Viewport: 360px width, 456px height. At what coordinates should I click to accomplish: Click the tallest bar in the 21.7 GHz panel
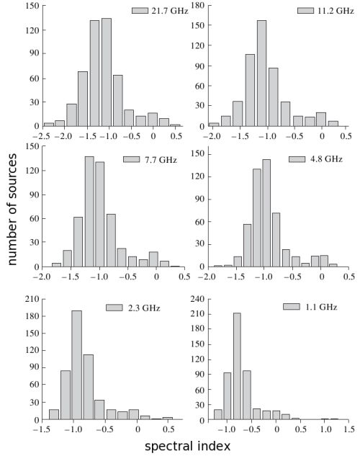point(107,72)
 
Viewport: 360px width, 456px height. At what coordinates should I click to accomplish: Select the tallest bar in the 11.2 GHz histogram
point(261,73)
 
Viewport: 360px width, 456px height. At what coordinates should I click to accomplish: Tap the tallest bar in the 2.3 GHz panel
point(77,365)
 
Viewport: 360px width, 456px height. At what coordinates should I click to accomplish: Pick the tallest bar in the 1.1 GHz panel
point(237,367)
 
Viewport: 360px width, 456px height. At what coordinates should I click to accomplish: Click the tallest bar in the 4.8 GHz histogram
point(266,213)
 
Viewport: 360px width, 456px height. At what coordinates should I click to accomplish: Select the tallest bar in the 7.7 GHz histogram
point(89,212)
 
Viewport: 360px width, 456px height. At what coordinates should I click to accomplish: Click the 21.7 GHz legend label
point(170,11)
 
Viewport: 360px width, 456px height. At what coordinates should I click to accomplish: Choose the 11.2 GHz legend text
point(336,11)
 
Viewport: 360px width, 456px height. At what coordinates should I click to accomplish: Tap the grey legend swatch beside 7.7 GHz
point(131,159)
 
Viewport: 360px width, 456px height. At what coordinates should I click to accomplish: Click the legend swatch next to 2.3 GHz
point(114,308)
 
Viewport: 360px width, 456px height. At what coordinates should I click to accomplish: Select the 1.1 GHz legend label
point(321,307)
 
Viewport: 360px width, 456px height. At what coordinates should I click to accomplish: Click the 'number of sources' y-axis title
point(12,210)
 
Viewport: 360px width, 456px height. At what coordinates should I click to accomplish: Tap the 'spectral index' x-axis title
point(187,447)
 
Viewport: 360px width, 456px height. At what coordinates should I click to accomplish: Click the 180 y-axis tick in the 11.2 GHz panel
point(197,5)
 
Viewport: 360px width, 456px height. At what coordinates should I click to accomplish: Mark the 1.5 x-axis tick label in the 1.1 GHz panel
point(348,429)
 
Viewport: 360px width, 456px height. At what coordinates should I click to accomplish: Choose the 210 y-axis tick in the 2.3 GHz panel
point(32,299)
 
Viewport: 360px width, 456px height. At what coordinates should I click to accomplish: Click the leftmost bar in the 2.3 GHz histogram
point(54,415)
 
